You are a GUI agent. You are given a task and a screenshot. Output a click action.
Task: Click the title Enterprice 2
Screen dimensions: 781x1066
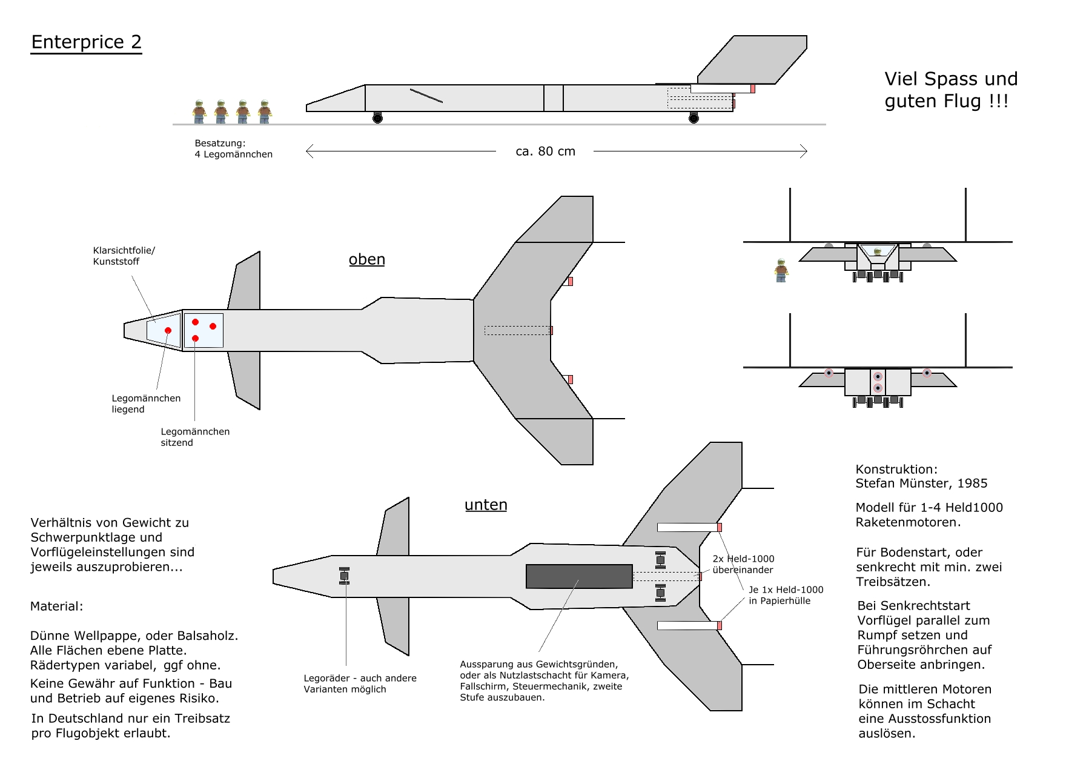click(x=86, y=42)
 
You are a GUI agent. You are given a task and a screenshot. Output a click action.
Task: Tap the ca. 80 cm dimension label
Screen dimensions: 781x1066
click(x=545, y=151)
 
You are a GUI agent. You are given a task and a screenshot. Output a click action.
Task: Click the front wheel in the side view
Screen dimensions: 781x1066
click(x=377, y=118)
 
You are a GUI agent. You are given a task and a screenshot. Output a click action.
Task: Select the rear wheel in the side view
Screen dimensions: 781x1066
click(x=694, y=118)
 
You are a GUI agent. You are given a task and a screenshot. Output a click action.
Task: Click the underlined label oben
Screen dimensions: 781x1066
click(x=366, y=259)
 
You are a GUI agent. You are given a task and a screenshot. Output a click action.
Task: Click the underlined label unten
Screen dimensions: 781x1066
click(x=486, y=505)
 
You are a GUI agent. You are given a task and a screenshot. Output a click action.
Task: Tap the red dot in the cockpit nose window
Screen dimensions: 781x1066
click(x=168, y=331)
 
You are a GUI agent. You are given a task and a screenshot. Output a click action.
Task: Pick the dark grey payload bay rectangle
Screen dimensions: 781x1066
click(x=579, y=576)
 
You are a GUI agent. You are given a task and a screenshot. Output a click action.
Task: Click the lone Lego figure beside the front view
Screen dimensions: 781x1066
click(x=781, y=270)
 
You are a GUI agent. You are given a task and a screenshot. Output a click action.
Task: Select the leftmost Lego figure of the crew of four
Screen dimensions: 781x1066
click(x=199, y=112)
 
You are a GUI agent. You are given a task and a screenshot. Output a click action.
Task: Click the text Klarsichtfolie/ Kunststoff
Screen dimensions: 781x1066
click(x=124, y=256)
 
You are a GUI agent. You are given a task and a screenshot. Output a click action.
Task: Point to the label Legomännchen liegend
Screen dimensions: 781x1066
click(x=145, y=404)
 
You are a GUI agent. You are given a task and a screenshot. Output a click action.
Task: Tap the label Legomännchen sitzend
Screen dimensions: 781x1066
click(x=194, y=437)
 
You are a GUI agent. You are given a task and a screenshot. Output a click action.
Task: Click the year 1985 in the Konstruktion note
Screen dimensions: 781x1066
click(x=972, y=484)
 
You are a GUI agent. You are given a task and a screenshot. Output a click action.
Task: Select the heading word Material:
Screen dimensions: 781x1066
click(x=56, y=606)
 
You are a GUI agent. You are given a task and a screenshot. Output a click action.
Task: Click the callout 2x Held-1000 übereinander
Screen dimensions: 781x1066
click(x=743, y=564)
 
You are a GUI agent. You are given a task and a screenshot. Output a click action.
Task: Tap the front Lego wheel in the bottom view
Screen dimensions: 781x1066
click(x=344, y=576)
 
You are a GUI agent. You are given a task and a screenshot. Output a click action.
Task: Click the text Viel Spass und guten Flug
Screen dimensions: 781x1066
click(x=950, y=90)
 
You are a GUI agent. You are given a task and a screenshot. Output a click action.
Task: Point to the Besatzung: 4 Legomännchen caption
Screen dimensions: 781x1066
click(x=233, y=148)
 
